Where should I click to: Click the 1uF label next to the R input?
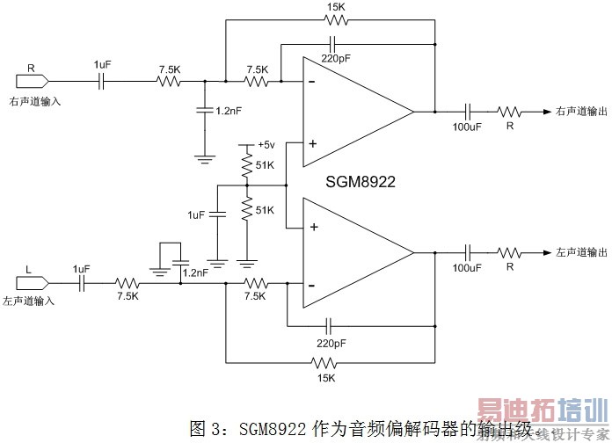(x=103, y=65)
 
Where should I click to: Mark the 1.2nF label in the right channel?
(x=226, y=112)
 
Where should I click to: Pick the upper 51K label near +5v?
(x=265, y=165)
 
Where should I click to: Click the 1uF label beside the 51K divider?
(x=196, y=214)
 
